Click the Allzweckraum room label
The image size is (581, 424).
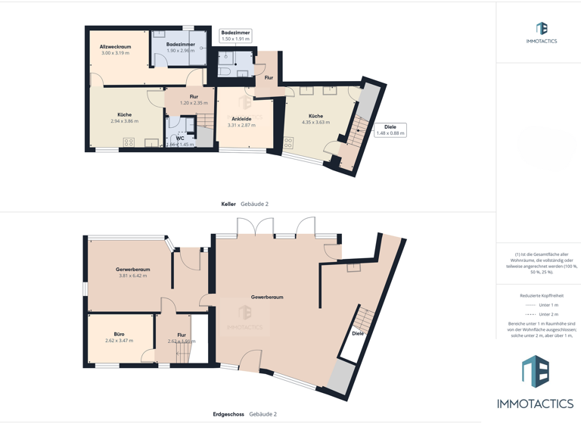(115, 48)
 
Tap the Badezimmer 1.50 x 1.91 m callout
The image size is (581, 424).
(235, 36)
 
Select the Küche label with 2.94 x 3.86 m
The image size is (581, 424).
(125, 115)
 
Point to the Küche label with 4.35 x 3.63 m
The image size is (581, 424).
(315, 116)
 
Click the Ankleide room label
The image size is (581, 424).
(241, 119)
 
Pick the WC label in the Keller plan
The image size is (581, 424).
(180, 138)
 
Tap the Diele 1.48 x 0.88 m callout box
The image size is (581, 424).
(390, 129)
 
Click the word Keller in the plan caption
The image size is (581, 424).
(228, 204)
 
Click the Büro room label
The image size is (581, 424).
(119, 334)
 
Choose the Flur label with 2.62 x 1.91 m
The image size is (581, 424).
(182, 335)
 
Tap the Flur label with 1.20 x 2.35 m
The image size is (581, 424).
(194, 97)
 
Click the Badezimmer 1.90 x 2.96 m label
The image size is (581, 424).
(181, 45)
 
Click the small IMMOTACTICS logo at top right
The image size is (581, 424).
(541, 33)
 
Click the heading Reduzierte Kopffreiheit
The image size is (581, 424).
(541, 295)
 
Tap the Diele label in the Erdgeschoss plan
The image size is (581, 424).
(358, 333)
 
